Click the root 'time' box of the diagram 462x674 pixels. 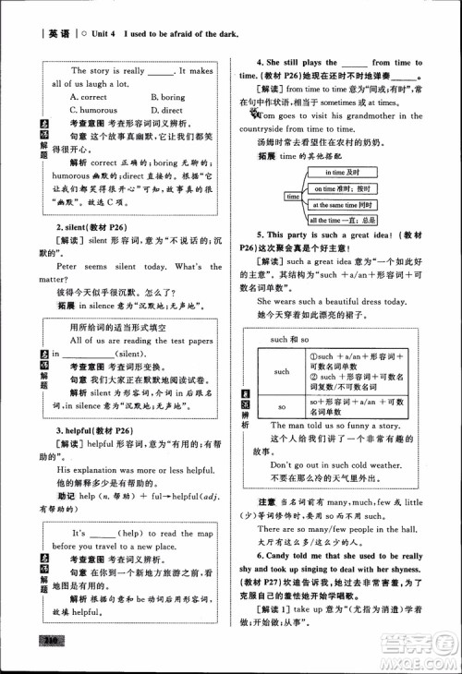click(x=294, y=197)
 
